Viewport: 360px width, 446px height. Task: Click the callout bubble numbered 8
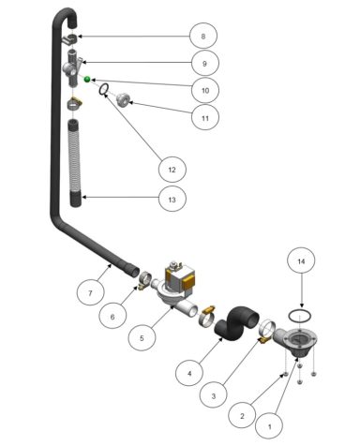tap(202, 37)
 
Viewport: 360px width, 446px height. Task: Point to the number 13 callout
tap(172, 199)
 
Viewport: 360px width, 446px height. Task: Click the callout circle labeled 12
tap(171, 169)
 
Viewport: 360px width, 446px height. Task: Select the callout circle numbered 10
tap(202, 92)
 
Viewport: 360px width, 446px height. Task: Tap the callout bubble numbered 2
tap(242, 412)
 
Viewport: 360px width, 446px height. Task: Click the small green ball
tap(87, 81)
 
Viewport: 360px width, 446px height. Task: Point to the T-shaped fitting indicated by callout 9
tap(73, 71)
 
